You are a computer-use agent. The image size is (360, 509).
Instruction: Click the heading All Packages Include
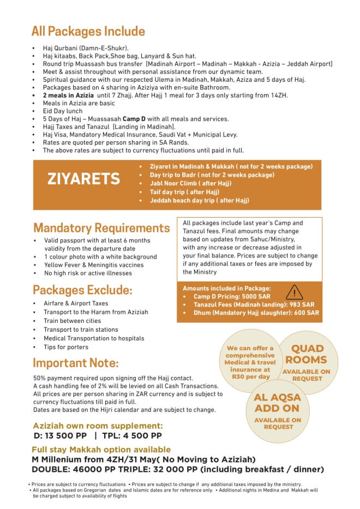(88, 31)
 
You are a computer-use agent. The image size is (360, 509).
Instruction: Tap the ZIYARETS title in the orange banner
(83, 179)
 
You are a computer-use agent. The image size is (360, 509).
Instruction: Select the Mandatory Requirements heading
(101, 227)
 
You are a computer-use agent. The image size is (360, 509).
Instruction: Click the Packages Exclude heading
(82, 289)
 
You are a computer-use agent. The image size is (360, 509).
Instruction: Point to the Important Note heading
(76, 363)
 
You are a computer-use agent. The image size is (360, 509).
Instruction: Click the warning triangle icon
(294, 292)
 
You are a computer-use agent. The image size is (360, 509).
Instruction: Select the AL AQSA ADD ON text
(277, 403)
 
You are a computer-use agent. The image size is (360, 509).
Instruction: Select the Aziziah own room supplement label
(98, 426)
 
